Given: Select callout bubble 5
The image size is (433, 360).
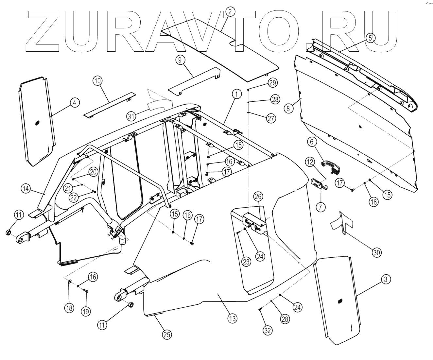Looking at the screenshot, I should coord(370,38).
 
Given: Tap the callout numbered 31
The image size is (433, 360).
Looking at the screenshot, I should coord(131,116).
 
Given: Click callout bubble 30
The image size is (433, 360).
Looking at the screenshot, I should coord(377,252).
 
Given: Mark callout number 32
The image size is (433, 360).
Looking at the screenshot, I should coord(268,331).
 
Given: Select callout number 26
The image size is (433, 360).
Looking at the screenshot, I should coord(258,197).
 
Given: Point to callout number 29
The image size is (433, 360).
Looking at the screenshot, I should coord(273,83).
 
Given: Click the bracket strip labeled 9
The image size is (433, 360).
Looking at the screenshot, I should coord(193,81).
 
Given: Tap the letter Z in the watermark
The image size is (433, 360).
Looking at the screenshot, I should coord(43,31).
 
